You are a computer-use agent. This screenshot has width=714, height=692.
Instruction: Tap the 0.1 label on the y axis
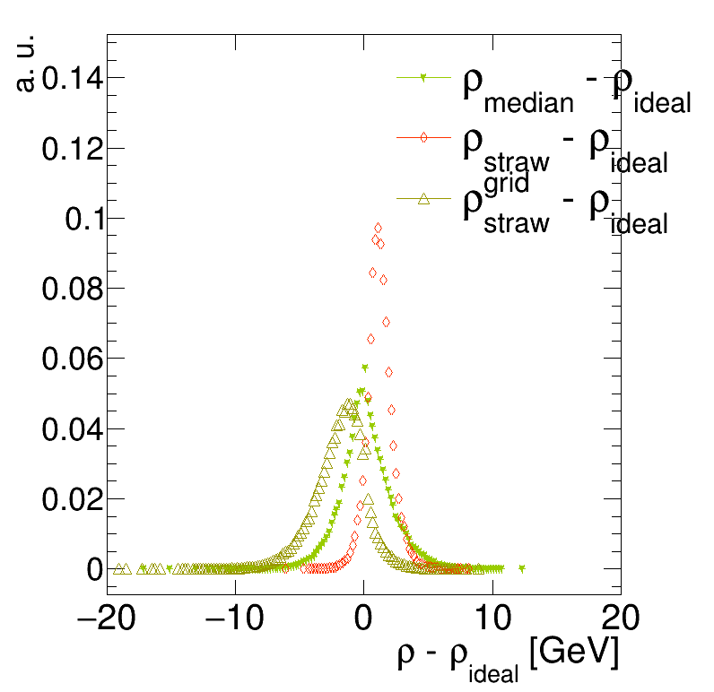pos(83,219)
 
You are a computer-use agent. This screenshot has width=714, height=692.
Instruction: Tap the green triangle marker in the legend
pos(423,78)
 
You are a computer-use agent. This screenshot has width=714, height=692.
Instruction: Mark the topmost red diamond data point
pos(378,228)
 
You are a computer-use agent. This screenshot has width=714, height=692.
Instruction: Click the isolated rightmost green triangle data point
pos(522,568)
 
